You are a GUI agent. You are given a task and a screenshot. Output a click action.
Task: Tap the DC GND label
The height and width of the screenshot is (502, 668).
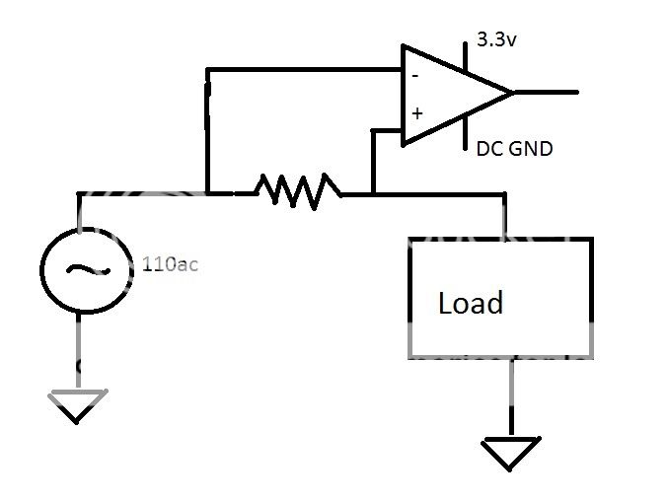pyautogui.click(x=514, y=149)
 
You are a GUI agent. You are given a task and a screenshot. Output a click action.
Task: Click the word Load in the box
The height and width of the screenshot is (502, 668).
pyautogui.click(x=471, y=303)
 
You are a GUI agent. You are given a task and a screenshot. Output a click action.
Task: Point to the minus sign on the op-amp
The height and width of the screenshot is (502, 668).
pyautogui.click(x=415, y=75)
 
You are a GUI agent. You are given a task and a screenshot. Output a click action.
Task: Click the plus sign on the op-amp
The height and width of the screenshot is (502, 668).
pyautogui.click(x=416, y=113)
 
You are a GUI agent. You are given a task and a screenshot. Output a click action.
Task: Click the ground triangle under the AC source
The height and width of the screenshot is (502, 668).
pyautogui.click(x=78, y=404)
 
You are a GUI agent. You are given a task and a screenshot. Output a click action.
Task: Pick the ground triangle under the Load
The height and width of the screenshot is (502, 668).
pyautogui.click(x=510, y=455)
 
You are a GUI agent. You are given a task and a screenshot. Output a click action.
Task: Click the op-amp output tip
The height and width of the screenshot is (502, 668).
pyautogui.click(x=512, y=93)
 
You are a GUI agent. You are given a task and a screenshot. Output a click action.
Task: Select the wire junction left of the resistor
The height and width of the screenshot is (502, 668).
pyautogui.click(x=206, y=192)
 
